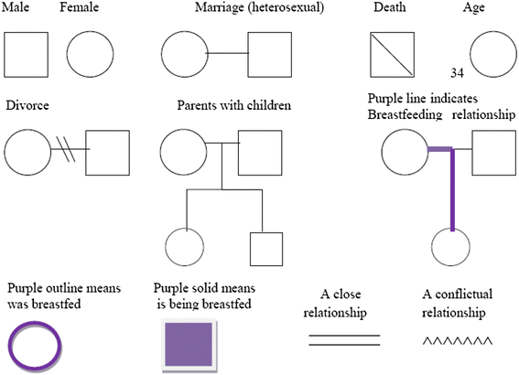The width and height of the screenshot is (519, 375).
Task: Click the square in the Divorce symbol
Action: click(x=107, y=150)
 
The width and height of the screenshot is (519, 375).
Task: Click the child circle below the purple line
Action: click(x=450, y=250)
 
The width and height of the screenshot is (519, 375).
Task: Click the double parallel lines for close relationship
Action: click(x=343, y=340)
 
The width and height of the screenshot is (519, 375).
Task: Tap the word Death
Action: click(x=390, y=8)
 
